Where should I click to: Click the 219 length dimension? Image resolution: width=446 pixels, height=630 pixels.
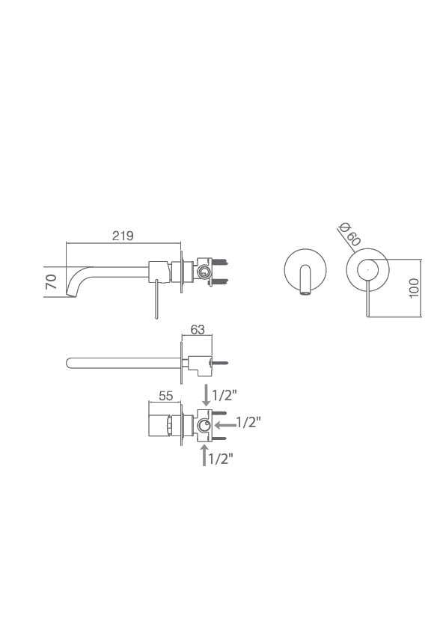tap(123, 236)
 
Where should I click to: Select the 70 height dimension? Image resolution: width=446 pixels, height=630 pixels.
tap(52, 282)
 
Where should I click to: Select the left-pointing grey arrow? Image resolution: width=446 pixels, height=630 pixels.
tap(224, 423)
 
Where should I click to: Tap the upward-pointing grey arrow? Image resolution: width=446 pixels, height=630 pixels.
tap(205, 455)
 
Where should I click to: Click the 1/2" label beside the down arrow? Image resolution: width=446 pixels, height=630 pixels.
tap(227, 394)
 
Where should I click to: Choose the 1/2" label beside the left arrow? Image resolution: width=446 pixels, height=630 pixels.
tap(248, 423)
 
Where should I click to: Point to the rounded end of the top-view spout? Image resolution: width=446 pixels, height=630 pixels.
tap(71, 364)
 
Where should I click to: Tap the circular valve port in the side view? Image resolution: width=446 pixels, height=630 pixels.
tap(204, 270)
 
